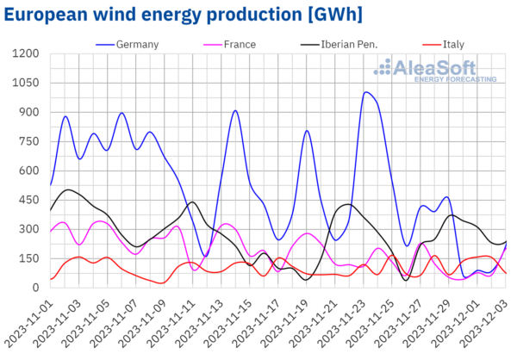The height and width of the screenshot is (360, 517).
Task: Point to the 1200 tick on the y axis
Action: click(26, 53)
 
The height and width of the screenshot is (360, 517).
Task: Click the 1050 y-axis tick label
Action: click(26, 83)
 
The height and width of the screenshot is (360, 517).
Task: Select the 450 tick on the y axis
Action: click(29, 200)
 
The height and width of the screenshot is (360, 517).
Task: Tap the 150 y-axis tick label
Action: click(29, 258)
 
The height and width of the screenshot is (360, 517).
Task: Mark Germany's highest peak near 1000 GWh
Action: click(367, 92)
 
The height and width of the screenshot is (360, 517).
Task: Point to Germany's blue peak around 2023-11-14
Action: click(234, 110)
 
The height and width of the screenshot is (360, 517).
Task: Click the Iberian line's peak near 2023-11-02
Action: click(68, 189)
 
